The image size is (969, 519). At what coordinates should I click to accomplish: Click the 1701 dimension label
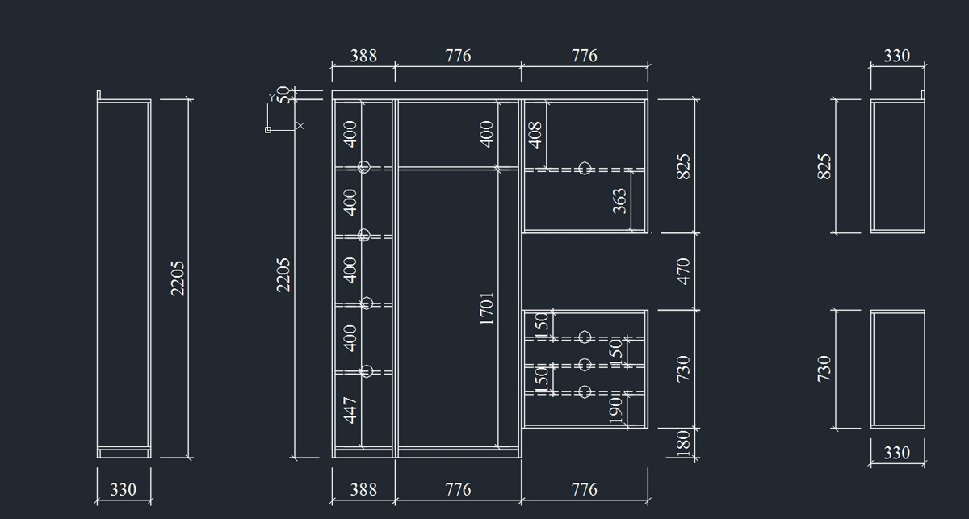coord(487,308)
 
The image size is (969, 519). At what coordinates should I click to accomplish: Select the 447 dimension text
coord(350,410)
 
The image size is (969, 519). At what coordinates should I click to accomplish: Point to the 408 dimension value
coord(535,135)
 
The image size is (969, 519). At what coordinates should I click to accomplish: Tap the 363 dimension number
coord(619,201)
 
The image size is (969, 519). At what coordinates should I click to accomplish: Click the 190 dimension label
coord(615,411)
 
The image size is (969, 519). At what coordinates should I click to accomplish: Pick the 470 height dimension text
coord(683,272)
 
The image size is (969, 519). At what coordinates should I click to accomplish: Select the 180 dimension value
coord(682,443)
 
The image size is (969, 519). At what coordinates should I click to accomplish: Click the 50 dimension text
coord(283,95)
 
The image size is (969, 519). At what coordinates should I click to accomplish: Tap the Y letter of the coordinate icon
coord(271,98)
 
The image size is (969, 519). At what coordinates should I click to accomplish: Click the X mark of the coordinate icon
coord(300,126)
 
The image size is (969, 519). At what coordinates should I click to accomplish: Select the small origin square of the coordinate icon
coord(268,130)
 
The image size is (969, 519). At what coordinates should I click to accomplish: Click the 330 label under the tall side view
coord(124,490)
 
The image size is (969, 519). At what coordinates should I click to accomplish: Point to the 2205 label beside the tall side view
coord(178,278)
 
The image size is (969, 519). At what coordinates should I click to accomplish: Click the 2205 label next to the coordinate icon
coord(283,275)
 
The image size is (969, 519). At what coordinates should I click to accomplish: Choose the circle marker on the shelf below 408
coord(585,168)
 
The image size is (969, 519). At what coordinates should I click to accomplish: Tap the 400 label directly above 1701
coord(487,135)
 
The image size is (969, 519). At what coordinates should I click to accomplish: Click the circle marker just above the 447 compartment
coord(367,371)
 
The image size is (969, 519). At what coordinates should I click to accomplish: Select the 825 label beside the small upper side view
coord(824,166)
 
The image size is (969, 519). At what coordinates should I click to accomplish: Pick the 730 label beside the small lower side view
coord(824,369)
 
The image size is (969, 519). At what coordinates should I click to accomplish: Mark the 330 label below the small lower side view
coord(897,453)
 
